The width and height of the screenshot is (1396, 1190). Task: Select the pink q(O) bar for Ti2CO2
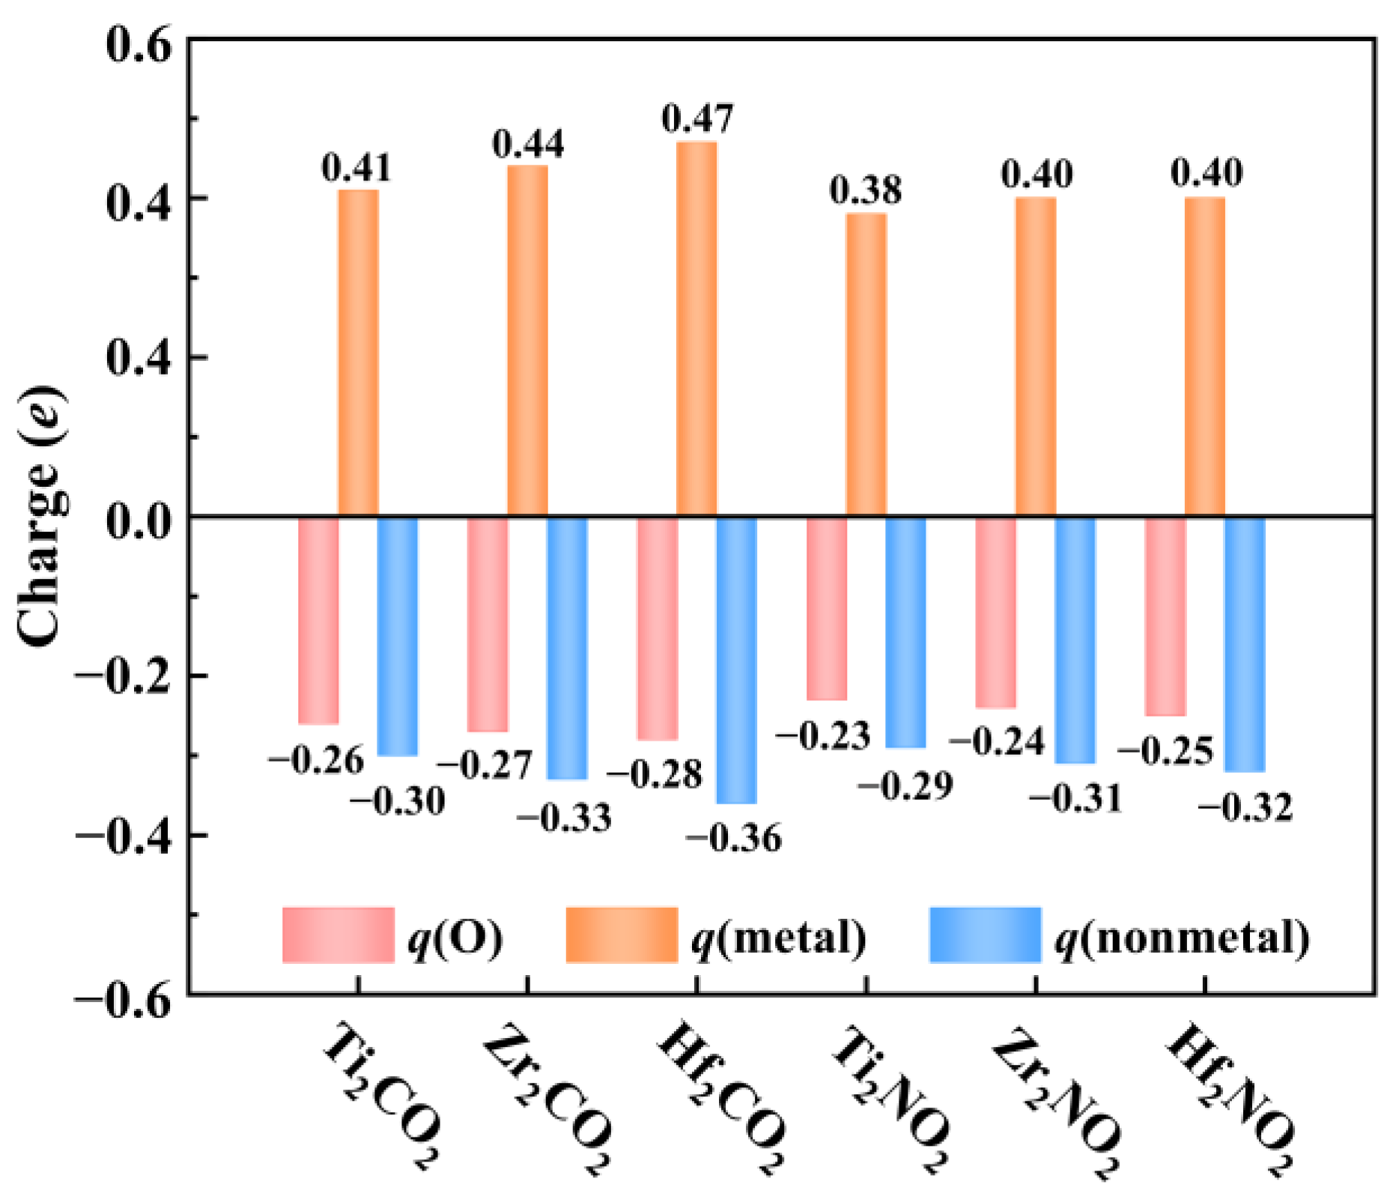pyautogui.click(x=318, y=620)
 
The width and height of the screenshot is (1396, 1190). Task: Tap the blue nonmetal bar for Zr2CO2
pyautogui.click(x=567, y=648)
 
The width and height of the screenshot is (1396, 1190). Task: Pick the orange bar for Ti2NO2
pyautogui.click(x=867, y=365)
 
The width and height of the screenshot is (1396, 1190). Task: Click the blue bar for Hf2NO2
pyautogui.click(x=1245, y=644)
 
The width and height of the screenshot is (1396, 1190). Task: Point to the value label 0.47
pyautogui.click(x=697, y=119)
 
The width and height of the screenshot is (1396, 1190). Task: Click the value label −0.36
pyautogui.click(x=734, y=838)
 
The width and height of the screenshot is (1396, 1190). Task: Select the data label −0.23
pyautogui.click(x=823, y=736)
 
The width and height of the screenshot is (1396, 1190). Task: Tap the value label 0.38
pyautogui.click(x=866, y=190)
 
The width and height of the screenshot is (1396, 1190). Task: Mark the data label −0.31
pyautogui.click(x=1075, y=799)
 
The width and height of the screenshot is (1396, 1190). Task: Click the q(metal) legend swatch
pyautogui.click(x=622, y=934)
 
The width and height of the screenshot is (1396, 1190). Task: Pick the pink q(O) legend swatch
pyautogui.click(x=338, y=934)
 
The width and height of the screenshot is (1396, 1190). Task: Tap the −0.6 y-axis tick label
pyautogui.click(x=124, y=996)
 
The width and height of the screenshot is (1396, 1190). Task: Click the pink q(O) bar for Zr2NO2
pyautogui.click(x=996, y=612)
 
